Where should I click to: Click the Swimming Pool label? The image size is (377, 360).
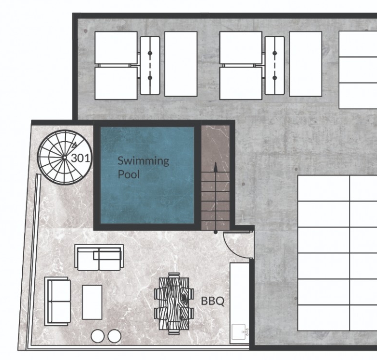pos(143,168)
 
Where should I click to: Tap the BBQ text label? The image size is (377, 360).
pos(213,301)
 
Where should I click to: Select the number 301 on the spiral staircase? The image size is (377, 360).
pos(81,158)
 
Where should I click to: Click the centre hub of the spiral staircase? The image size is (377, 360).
pos(64,157)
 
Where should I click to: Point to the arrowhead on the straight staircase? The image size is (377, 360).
pos(216,167)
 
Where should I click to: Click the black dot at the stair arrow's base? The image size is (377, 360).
pos(216,232)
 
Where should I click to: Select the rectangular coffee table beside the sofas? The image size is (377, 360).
pos(92,302)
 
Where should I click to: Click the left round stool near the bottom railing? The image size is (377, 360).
pos(98,336)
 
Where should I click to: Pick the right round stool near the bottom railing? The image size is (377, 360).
pos(114,336)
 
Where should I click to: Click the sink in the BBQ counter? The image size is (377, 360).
pos(239,332)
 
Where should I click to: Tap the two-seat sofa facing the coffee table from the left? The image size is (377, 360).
pos(58,302)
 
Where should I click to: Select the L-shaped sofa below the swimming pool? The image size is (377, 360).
pos(99,258)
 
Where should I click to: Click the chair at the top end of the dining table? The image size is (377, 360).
pos(174,275)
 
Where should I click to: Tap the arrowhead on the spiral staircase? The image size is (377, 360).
pos(74,144)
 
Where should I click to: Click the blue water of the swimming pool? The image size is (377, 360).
pos(147,197)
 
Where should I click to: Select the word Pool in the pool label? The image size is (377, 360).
pos(129,174)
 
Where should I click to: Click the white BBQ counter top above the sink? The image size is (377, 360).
pos(239,293)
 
